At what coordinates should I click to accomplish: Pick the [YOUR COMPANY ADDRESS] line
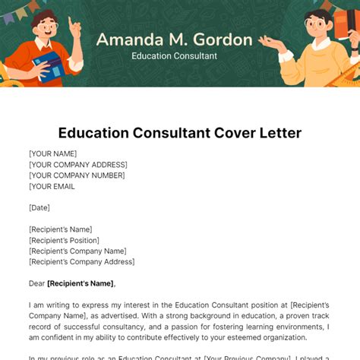click(78, 164)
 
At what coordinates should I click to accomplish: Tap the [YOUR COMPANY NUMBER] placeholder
click(77, 175)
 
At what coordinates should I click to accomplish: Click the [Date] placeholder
click(40, 207)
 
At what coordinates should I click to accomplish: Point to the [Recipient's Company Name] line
click(77, 251)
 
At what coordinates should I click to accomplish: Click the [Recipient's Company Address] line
click(82, 262)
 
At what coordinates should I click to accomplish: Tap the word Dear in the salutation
click(37, 283)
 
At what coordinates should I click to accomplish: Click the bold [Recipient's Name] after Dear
click(81, 283)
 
